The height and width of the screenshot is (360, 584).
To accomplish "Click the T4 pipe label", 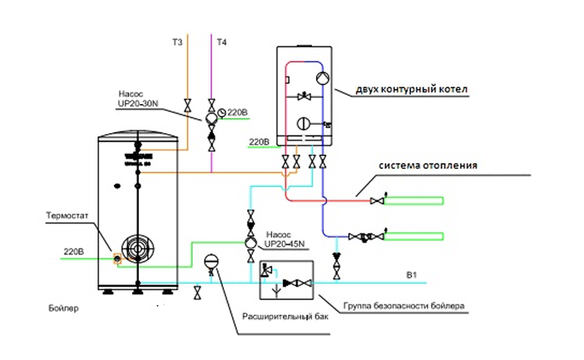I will pos(220,40).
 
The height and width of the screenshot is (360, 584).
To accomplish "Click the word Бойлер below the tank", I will pos(63,309).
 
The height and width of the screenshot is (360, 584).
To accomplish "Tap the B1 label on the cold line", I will pos(409,274).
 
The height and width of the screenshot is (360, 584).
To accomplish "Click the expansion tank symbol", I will pos(210,260).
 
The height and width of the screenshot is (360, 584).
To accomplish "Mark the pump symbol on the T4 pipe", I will pos(212,118).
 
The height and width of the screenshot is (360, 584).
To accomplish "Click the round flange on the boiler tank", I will pos(134,249).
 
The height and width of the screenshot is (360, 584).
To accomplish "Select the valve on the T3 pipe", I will pos(188,106).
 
